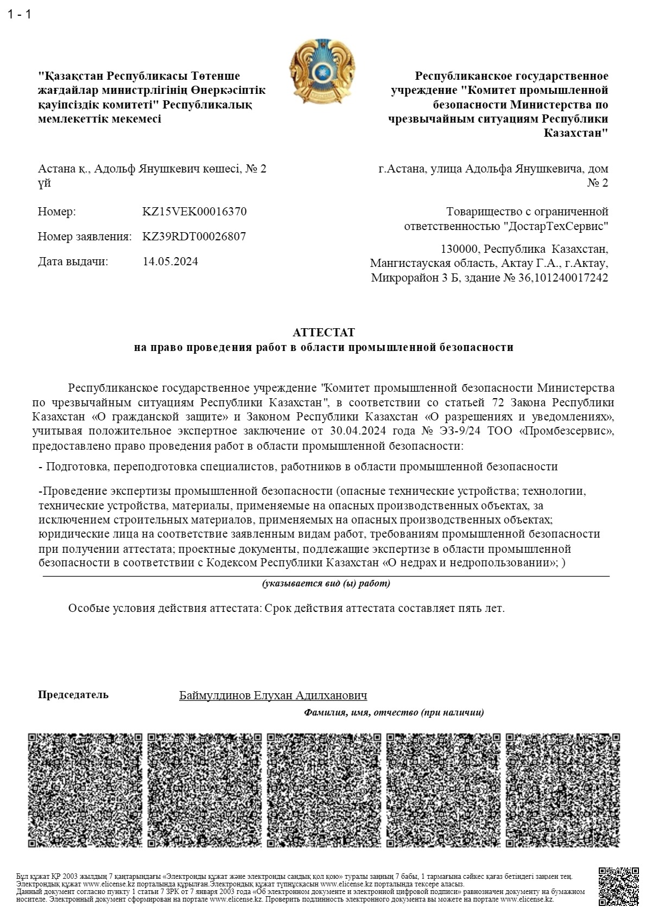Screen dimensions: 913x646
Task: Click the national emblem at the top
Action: click(322, 72)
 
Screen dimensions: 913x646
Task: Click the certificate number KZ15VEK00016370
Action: click(194, 212)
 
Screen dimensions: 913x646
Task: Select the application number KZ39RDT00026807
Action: click(194, 237)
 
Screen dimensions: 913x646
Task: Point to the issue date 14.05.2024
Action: click(170, 261)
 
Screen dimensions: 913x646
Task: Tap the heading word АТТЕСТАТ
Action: click(324, 332)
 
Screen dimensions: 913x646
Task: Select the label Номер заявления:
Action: click(85, 237)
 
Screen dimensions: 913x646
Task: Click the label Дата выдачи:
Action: click(73, 261)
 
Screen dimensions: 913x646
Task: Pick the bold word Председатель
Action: click(73, 695)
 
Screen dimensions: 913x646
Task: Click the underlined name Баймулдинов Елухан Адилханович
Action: click(273, 695)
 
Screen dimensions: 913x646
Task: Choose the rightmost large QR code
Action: click(562, 790)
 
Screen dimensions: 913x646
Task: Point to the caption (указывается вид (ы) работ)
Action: click(326, 584)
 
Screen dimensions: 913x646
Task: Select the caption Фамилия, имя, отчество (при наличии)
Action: click(394, 712)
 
